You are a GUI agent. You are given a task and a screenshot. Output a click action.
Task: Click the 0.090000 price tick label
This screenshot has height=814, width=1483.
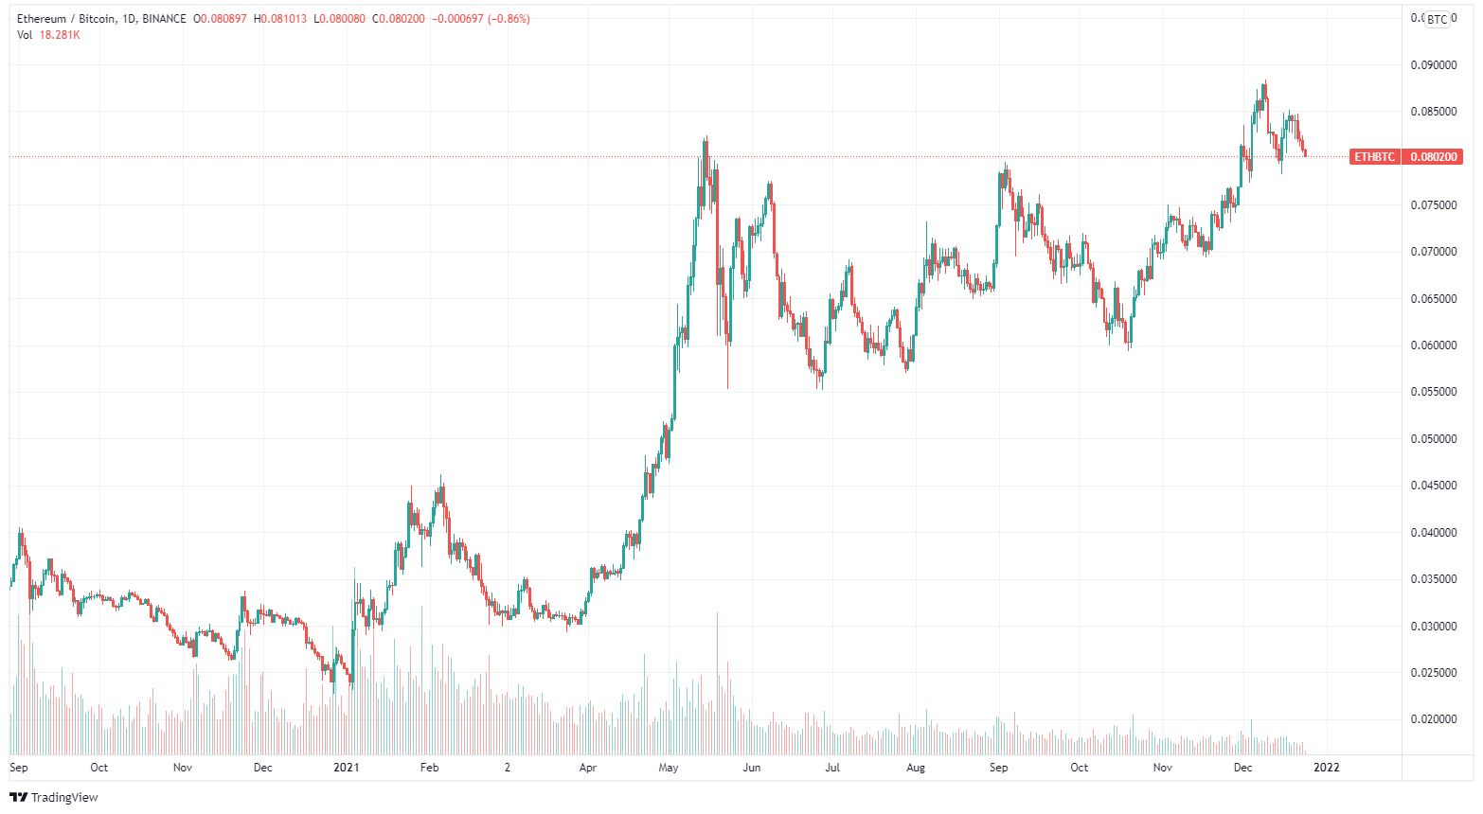point(1433,65)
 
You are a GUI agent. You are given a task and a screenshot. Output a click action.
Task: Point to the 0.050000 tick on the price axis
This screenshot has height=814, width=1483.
point(1433,439)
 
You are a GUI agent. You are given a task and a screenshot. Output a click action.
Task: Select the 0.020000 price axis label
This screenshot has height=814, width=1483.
point(1433,719)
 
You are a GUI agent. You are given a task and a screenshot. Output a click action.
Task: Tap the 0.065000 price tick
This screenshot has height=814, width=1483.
point(1433,299)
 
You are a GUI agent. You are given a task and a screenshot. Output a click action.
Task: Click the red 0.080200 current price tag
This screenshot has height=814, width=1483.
point(1433,157)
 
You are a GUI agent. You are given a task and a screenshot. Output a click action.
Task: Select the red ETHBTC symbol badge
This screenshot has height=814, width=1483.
point(1374,157)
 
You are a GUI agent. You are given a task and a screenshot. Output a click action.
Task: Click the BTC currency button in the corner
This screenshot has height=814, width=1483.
point(1437,19)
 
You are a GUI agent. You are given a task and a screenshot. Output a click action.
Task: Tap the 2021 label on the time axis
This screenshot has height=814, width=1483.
point(347,768)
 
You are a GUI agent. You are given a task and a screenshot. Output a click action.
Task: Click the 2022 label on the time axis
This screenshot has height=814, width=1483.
point(1327,768)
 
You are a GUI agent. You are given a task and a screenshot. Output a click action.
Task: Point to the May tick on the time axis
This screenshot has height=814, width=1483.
point(669,768)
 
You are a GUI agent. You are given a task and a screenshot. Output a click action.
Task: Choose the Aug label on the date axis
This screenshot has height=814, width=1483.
point(916,768)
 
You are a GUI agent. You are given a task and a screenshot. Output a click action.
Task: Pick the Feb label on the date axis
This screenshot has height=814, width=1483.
point(429,768)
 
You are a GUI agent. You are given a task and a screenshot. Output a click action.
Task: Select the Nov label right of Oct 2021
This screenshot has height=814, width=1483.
point(1163,768)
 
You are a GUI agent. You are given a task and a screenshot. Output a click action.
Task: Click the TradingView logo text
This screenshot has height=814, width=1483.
point(64,798)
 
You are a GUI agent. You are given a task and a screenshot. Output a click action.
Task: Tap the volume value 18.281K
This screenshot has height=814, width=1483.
point(60,35)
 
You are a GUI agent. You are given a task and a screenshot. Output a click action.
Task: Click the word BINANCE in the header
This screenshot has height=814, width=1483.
point(164,19)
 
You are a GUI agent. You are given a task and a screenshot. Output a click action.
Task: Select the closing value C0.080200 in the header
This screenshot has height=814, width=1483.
point(399,19)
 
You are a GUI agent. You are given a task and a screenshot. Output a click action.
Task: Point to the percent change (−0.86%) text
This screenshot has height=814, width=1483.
point(509,19)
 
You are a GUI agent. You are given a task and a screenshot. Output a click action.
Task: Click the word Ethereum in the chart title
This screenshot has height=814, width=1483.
point(42,19)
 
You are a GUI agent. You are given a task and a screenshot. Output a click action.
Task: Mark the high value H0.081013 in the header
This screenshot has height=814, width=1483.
point(279,19)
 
